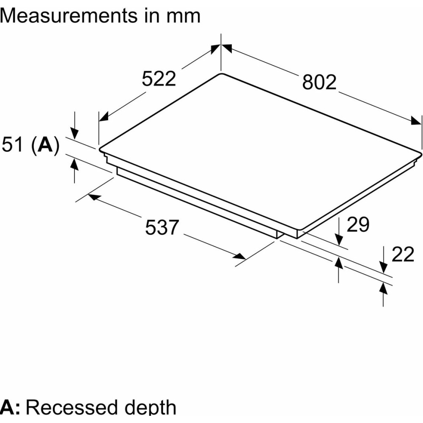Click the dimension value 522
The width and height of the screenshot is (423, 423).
coord(159,79)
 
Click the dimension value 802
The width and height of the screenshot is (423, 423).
coord(319,82)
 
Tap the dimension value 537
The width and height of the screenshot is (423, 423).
coord(162,228)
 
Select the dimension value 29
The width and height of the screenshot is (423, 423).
coord(358,225)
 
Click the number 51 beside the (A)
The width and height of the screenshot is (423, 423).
coord(13,145)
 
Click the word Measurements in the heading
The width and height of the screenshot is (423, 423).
coord(68,16)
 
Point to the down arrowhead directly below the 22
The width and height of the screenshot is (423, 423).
coord(383,267)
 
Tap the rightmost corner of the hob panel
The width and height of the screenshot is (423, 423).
coord(422,151)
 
